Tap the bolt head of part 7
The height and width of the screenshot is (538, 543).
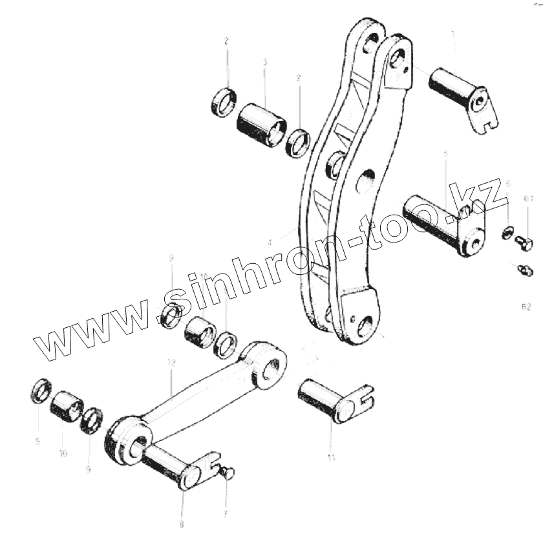click(x=228, y=474)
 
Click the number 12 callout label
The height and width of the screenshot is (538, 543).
click(x=171, y=365)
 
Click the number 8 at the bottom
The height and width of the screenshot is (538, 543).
click(x=182, y=524)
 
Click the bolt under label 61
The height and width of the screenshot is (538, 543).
click(x=524, y=243)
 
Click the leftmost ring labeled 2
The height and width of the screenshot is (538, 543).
click(x=224, y=101)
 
